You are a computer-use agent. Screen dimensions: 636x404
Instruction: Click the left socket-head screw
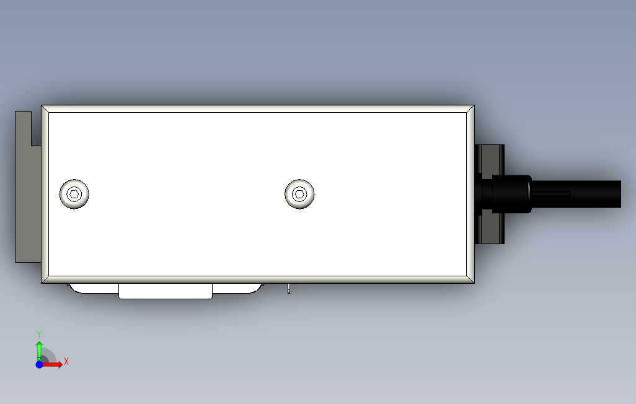point(74,194)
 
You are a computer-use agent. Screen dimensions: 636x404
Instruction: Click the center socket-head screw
point(299,194)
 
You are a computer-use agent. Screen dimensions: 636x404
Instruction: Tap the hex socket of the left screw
point(74,194)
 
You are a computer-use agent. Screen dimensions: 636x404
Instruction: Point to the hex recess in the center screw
point(299,194)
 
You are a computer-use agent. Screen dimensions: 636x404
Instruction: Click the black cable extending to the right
point(576,195)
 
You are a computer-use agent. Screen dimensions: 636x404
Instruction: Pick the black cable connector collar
point(511,194)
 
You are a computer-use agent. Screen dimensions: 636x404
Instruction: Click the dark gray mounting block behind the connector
point(490,195)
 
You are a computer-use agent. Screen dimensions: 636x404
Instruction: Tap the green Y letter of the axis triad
point(39,335)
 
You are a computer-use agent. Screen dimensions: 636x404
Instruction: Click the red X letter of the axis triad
point(66,361)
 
